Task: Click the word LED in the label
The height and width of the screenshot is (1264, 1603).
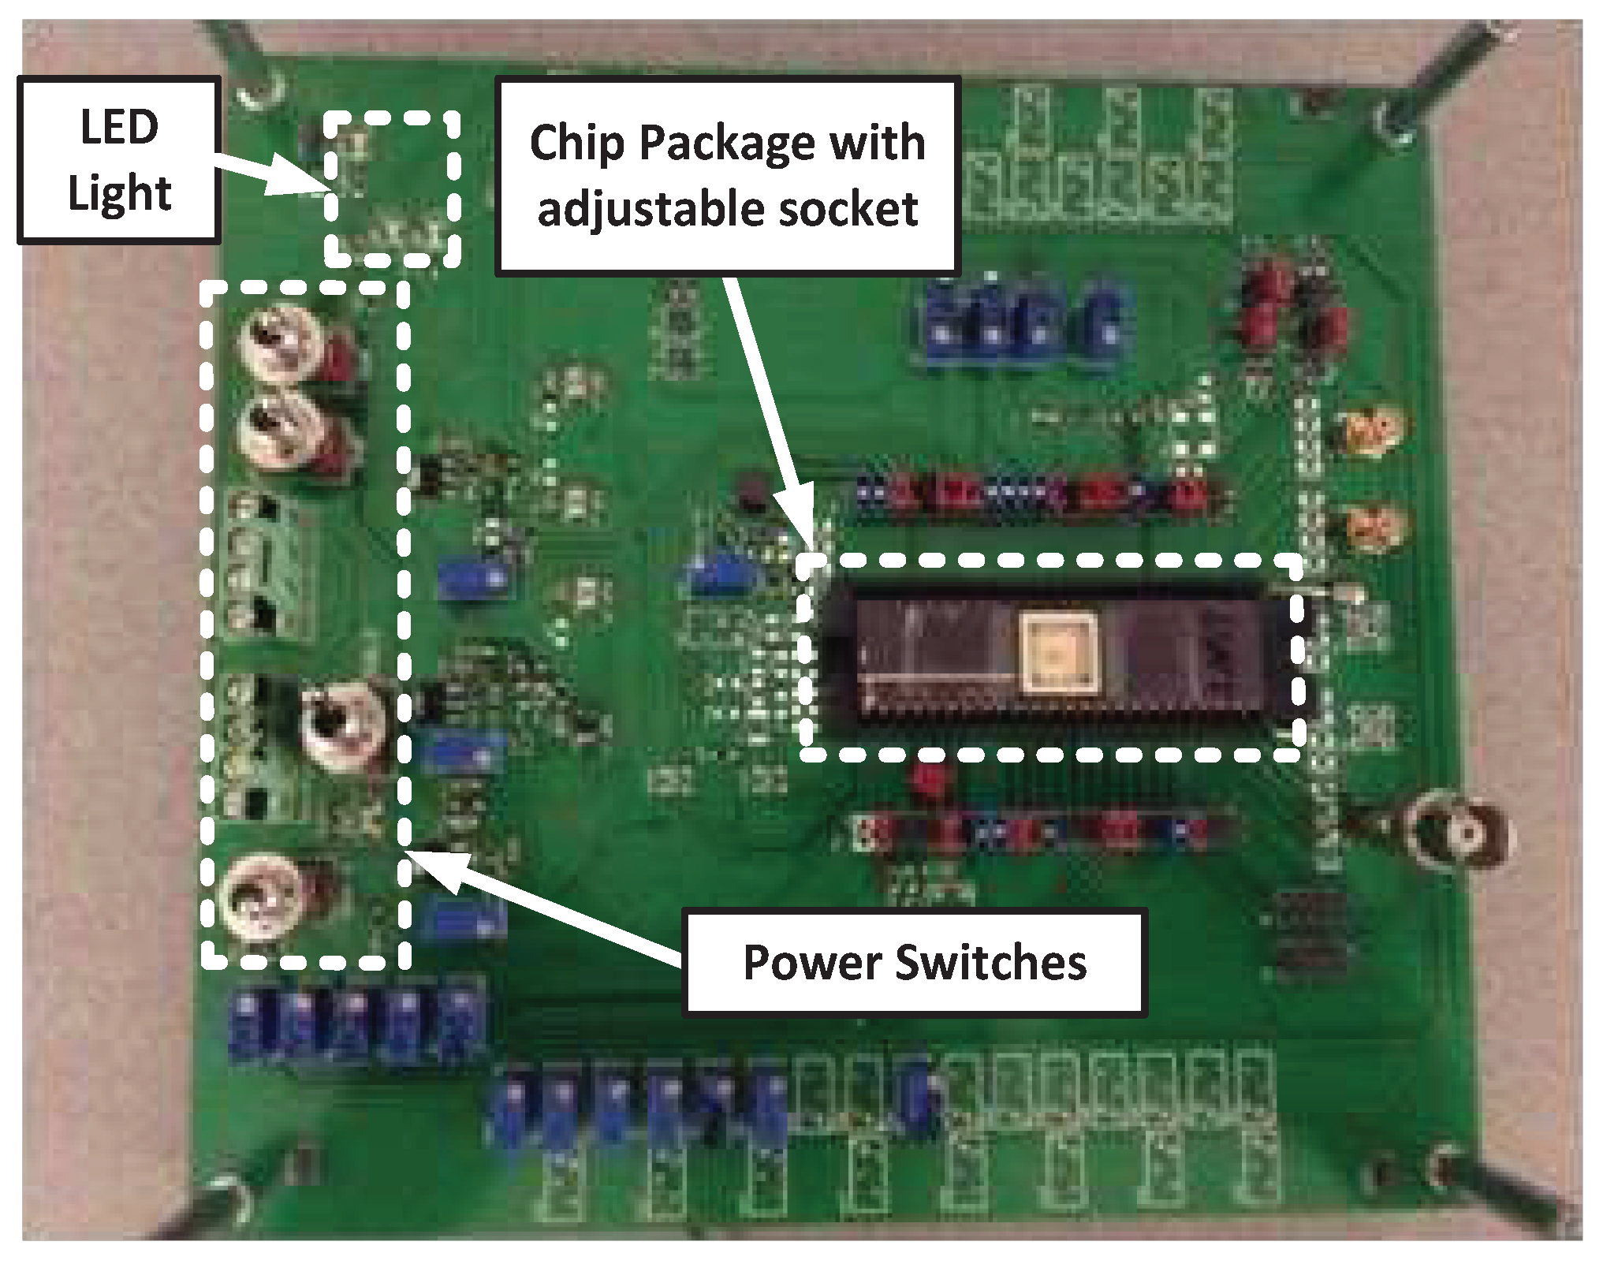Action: (119, 127)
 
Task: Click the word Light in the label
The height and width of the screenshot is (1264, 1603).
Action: (119, 193)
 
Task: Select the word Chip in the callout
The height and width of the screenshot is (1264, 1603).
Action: (577, 144)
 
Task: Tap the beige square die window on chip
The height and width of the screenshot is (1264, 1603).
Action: (1058, 652)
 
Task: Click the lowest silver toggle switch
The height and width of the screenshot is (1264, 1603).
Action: (256, 897)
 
